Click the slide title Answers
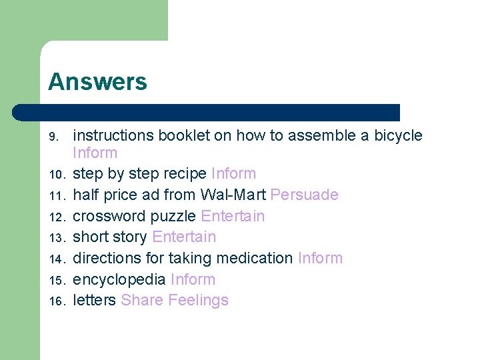click(97, 82)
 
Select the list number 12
click(55, 217)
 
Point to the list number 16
click(55, 301)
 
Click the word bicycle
click(398, 135)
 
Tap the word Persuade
click(305, 195)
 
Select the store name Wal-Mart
click(233, 195)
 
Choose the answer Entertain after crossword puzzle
click(233, 216)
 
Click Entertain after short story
click(184, 237)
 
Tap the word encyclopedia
click(119, 279)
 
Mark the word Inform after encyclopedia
click(193, 279)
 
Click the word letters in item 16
click(94, 300)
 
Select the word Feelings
click(199, 301)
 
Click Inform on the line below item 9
click(95, 153)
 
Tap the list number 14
click(55, 259)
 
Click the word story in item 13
click(131, 237)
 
